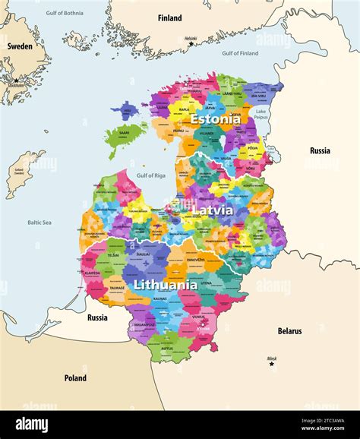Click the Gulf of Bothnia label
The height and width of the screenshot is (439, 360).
[x=65, y=13]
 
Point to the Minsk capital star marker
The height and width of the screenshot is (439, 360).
[x=272, y=364]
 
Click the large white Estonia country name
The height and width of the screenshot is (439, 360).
[x=215, y=119]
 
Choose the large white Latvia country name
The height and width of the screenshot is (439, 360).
[x=212, y=209]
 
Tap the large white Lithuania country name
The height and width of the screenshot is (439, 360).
[x=165, y=286]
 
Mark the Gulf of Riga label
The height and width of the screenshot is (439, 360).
[x=150, y=175]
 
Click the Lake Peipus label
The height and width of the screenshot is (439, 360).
[x=261, y=115]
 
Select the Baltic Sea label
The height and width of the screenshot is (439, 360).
[x=39, y=223]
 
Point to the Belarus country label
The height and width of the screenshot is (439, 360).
[x=289, y=331]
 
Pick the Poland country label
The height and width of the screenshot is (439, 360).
[x=75, y=378]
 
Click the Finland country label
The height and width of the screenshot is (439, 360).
[x=169, y=17]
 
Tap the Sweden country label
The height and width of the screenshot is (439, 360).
[x=20, y=46]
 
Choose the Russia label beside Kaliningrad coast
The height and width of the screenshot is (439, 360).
[x=97, y=317]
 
